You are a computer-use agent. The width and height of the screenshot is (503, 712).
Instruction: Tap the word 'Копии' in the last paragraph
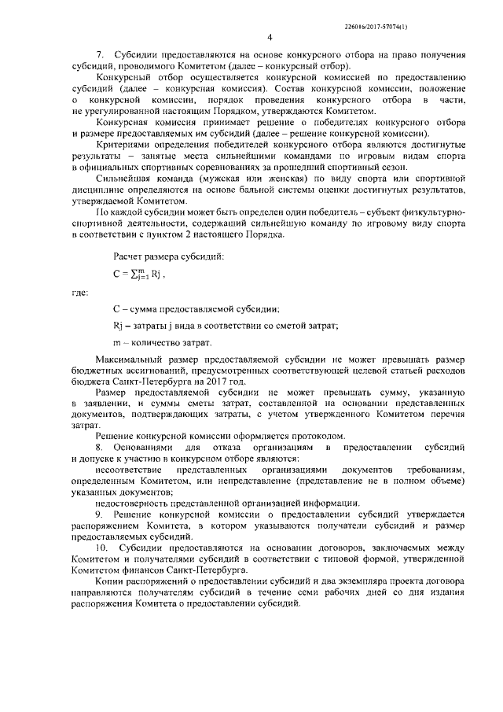coord(109,580)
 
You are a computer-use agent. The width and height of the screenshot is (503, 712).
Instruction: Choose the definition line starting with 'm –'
coord(162,342)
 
